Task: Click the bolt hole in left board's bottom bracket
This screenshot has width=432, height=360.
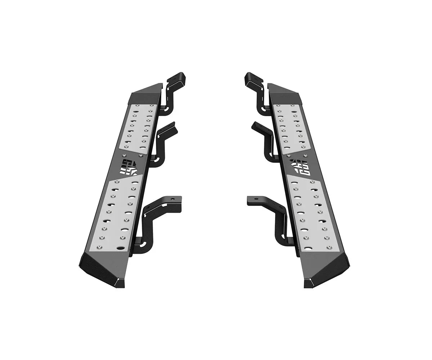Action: click(x=172, y=199)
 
